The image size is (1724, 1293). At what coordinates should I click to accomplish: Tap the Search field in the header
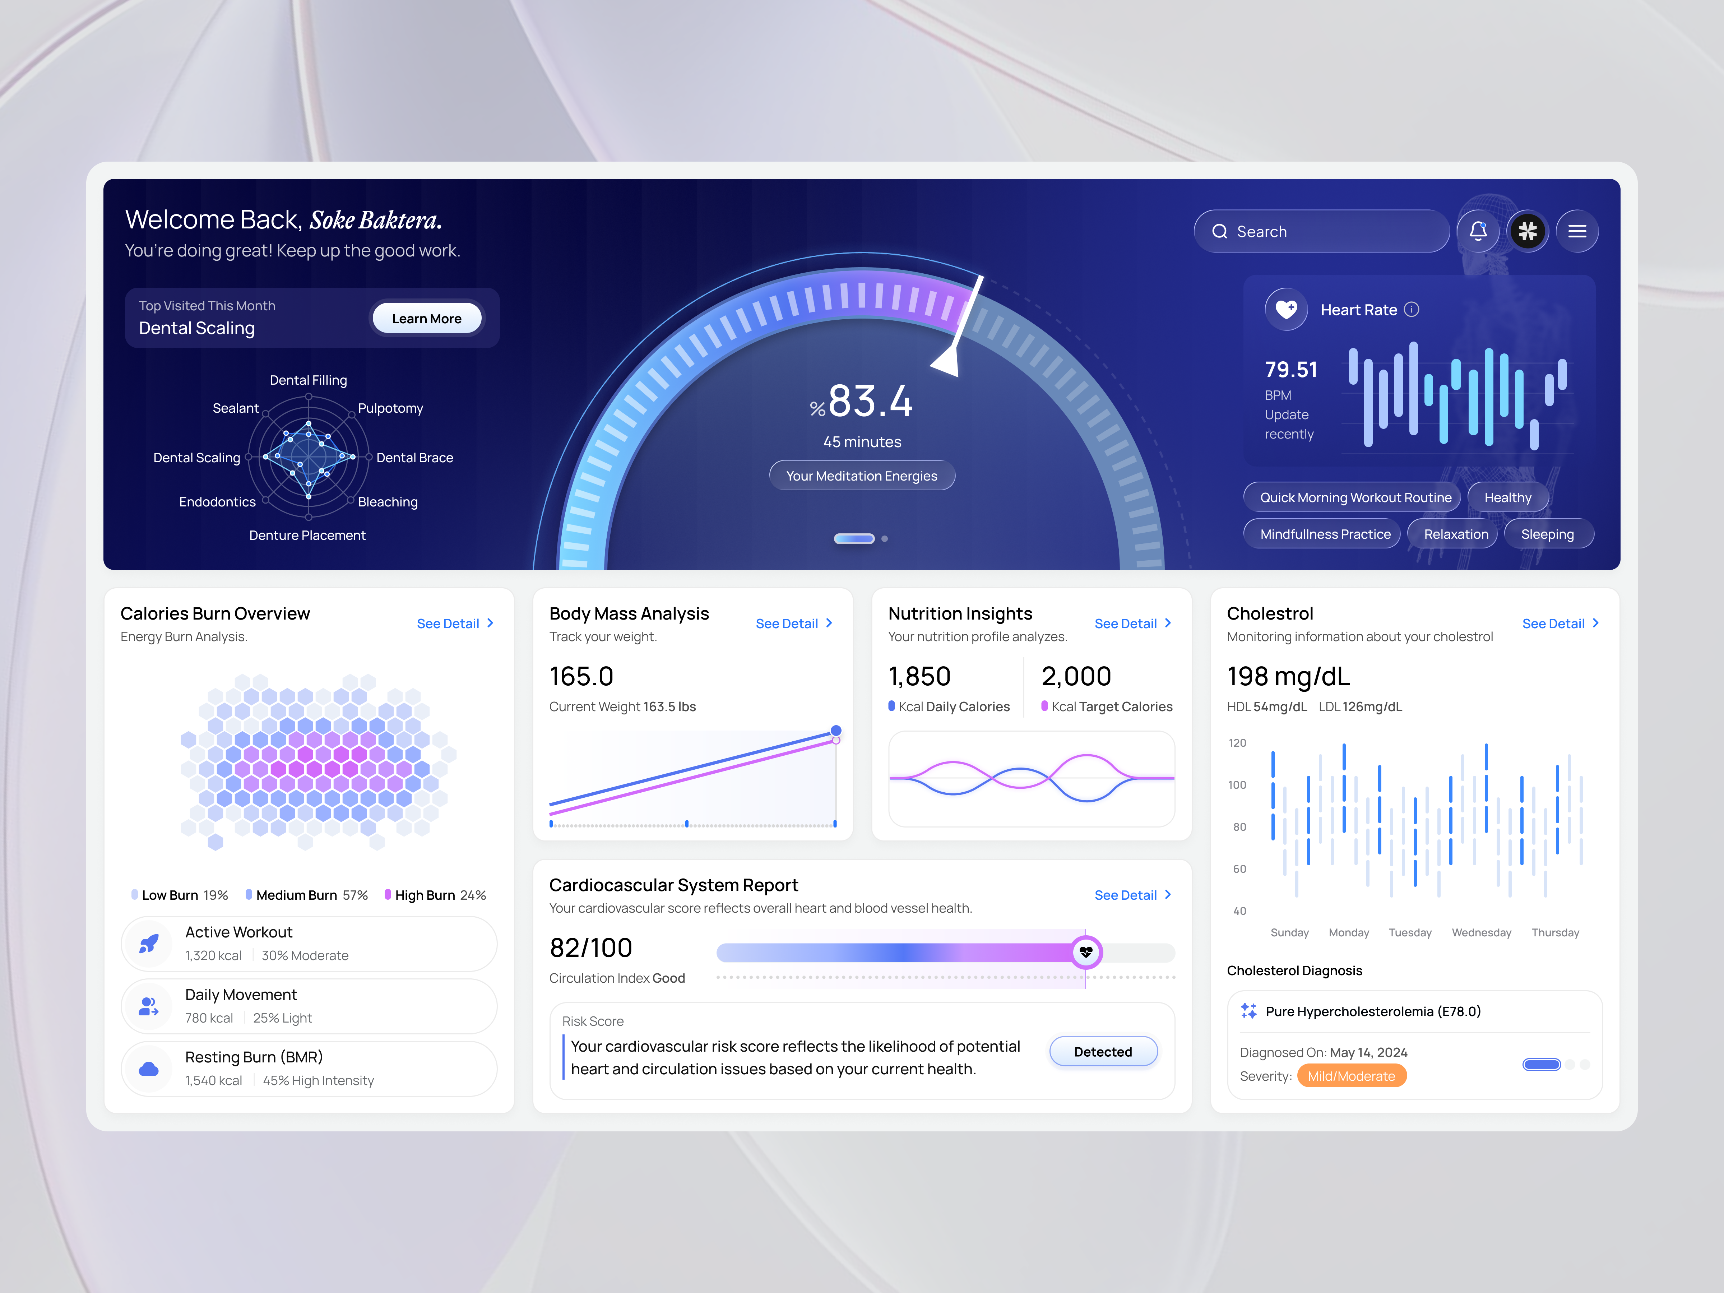coord(1321,231)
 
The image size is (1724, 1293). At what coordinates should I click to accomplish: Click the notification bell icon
coord(1478,231)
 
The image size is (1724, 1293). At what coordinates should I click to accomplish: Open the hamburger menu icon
coord(1577,231)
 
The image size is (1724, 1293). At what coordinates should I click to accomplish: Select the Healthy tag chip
coord(1507,497)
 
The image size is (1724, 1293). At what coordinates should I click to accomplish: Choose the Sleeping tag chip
coord(1547,534)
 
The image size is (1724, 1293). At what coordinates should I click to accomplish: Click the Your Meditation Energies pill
coord(861,476)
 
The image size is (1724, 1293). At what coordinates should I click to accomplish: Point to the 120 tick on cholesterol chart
coord(1237,743)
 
